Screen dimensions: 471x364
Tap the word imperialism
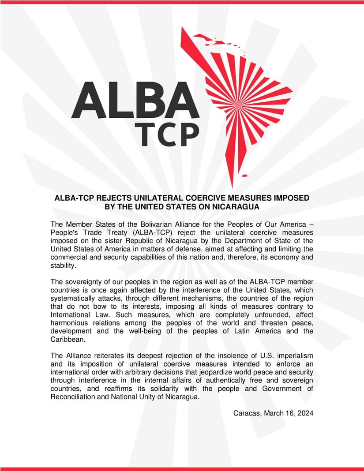coord(293,355)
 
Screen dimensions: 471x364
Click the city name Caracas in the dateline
coord(247,413)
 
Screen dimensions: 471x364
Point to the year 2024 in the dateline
coord(305,413)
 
